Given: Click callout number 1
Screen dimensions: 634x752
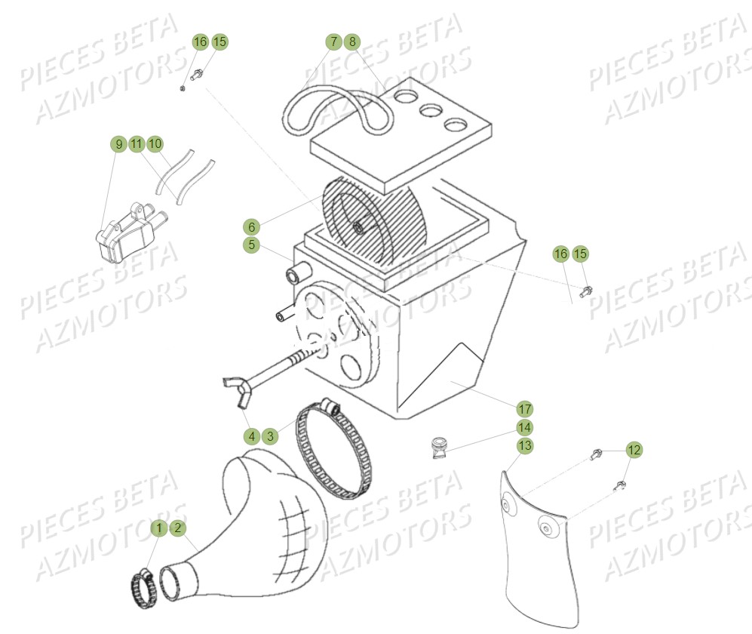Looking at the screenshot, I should point(159,528).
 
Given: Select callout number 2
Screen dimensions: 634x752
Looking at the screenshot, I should point(177,528).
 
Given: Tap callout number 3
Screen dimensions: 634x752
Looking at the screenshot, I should point(270,435).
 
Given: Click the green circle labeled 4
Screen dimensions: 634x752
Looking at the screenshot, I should point(252,435).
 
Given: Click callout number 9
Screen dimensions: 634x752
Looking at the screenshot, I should point(118,143).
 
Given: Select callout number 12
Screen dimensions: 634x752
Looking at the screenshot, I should point(634,450).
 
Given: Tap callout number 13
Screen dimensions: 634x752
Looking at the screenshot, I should point(525,445).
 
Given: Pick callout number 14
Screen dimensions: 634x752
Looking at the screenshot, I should point(525,427).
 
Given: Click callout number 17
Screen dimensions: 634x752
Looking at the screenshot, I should point(525,409).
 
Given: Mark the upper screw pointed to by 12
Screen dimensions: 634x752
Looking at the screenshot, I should point(596,455).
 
